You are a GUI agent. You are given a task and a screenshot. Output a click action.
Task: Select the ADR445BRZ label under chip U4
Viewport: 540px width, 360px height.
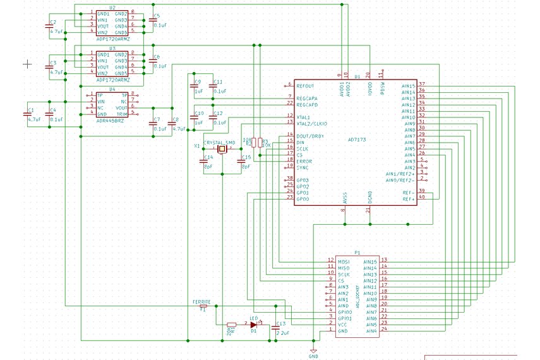(111, 121)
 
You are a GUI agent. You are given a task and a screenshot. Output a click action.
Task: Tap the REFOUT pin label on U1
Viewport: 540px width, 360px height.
(305, 85)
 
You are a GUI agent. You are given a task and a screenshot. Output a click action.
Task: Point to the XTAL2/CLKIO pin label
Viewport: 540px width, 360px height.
(311, 123)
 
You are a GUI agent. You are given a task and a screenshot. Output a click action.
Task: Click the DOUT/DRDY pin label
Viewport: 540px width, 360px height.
(310, 136)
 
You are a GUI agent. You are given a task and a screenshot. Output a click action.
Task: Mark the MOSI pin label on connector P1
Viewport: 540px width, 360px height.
(344, 261)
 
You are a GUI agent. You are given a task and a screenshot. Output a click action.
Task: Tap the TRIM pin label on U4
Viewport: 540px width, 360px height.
(123, 114)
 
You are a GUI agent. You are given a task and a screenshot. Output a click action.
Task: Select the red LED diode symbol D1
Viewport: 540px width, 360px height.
(254, 325)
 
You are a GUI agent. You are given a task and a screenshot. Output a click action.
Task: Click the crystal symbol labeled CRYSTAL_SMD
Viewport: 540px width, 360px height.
(222, 150)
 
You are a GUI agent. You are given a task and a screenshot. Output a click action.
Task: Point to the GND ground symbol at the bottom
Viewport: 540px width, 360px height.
(313, 352)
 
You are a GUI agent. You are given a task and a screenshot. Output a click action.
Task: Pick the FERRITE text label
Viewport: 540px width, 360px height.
(201, 303)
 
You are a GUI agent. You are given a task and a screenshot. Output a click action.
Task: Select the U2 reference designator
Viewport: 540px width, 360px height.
(112, 6)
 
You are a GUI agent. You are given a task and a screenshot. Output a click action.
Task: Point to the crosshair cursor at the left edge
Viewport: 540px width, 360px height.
(27, 63)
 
